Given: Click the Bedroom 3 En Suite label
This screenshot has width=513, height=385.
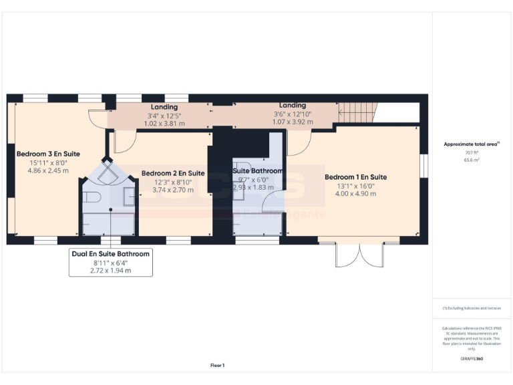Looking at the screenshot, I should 48,154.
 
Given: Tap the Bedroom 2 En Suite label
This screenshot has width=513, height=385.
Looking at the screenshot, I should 172,173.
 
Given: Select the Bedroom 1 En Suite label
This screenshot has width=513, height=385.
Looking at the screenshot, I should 355,177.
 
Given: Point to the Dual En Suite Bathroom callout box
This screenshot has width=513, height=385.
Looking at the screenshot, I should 111,262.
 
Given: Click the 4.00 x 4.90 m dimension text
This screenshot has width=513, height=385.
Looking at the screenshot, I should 355,194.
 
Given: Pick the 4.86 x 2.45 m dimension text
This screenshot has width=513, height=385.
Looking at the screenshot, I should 48,171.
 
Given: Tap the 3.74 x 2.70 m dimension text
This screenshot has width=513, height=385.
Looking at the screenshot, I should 172,190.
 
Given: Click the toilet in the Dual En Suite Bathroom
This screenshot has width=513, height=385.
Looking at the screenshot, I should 93,198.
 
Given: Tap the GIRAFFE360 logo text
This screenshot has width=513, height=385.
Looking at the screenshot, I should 472,359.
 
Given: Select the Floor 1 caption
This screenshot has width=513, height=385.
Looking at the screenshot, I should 218,365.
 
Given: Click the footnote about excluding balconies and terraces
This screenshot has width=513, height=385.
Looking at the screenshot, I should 472,307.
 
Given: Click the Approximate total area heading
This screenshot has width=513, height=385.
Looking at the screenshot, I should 472,144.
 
